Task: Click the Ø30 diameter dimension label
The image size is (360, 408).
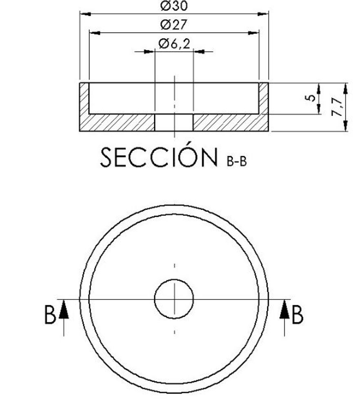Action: point(174,6)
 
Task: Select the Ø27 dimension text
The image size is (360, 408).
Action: point(174,25)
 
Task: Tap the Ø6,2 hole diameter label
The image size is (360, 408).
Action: point(174,44)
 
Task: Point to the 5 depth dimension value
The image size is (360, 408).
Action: point(311,98)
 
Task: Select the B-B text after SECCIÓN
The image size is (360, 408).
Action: point(237,162)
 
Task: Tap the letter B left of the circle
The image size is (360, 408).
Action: point(50,315)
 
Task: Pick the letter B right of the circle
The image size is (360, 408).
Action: point(298,315)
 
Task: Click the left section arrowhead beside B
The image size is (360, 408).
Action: point(64,309)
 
